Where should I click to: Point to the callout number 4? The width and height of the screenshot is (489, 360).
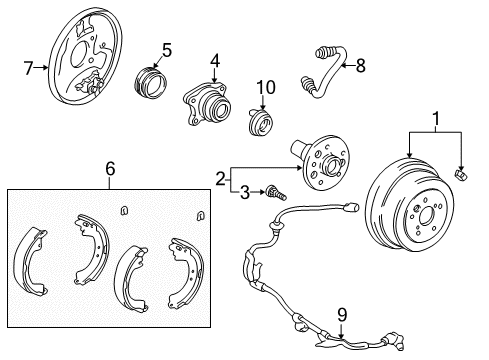click(x=215, y=60)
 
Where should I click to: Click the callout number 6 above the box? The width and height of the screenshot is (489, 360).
click(x=110, y=170)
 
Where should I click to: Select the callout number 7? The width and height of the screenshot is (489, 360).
click(x=29, y=68)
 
